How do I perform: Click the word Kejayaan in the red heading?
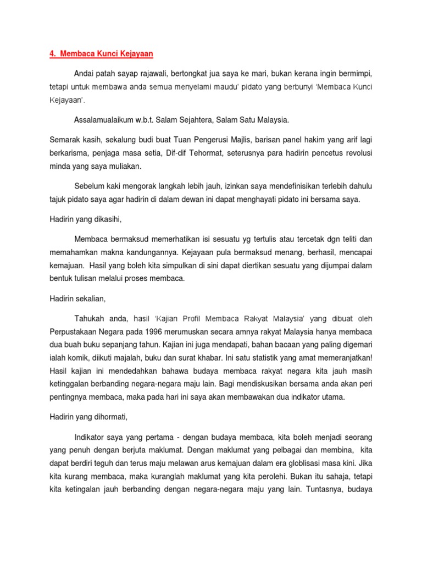[134, 53]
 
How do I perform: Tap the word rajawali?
[152, 73]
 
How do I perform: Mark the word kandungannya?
[138, 252]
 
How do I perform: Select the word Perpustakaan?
[73, 332]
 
